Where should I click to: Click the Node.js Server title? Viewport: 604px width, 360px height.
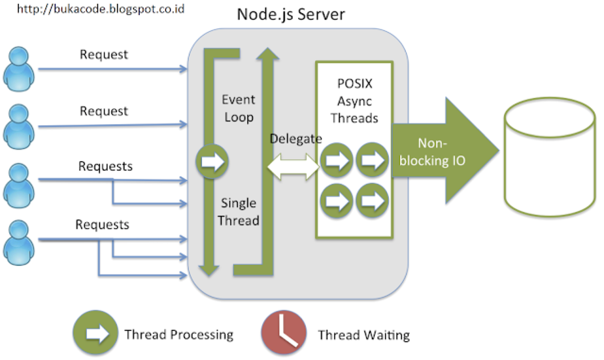click(x=291, y=14)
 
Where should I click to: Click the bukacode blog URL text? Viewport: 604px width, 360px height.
click(x=101, y=9)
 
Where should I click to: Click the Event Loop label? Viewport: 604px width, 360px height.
click(x=239, y=108)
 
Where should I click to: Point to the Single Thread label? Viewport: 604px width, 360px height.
click(x=239, y=212)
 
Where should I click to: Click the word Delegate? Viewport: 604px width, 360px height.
click(x=296, y=139)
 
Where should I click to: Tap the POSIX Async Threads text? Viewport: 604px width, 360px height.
click(x=354, y=100)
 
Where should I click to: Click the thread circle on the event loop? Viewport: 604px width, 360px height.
click(x=212, y=162)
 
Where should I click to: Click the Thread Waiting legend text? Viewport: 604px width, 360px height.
click(x=363, y=335)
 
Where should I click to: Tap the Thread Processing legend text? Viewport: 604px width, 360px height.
click(x=179, y=335)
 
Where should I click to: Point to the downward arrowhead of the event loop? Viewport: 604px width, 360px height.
click(x=209, y=270)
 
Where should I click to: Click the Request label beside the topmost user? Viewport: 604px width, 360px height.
click(x=104, y=55)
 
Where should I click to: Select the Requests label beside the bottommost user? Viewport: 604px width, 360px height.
click(x=102, y=224)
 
